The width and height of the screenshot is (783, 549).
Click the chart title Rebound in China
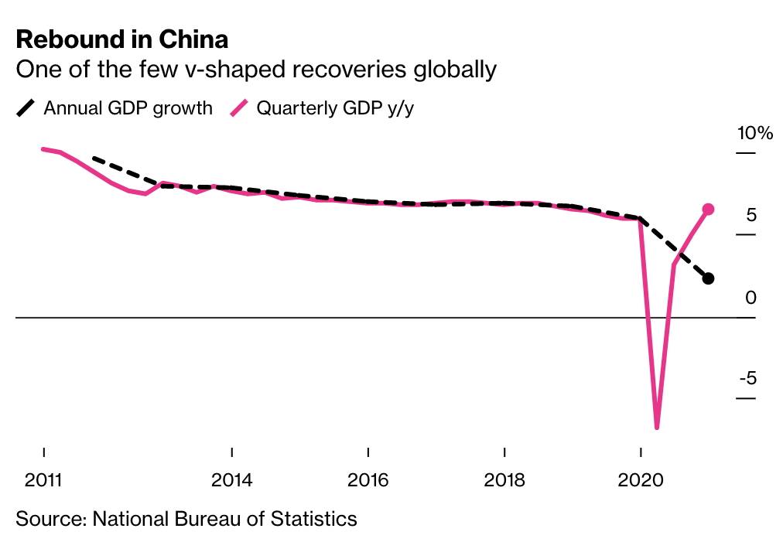pyautogui.click(x=122, y=39)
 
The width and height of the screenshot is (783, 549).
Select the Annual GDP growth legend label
pyautogui.click(x=128, y=107)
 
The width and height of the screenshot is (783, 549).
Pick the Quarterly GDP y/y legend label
pyautogui.click(x=335, y=107)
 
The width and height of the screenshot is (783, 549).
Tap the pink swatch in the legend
pyautogui.click(x=239, y=108)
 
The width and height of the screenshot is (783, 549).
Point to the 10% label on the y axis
pyautogui.click(x=754, y=133)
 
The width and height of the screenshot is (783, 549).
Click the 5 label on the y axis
pyautogui.click(x=751, y=216)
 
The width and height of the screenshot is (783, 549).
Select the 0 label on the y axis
pyautogui.click(x=751, y=298)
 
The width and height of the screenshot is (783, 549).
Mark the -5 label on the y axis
pyautogui.click(x=747, y=379)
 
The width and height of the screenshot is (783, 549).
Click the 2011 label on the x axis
pyautogui.click(x=44, y=479)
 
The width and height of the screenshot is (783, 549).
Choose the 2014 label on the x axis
pyautogui.click(x=232, y=479)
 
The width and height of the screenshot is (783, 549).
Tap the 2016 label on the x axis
pyautogui.click(x=368, y=479)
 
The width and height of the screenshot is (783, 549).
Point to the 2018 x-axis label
pyautogui.click(x=504, y=479)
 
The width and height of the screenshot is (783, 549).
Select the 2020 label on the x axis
pyautogui.click(x=641, y=479)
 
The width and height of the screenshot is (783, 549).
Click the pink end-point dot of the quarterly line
pyautogui.click(x=708, y=209)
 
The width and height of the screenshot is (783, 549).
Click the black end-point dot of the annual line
pyautogui.click(x=708, y=278)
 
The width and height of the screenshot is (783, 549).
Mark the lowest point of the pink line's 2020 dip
pyautogui.click(x=657, y=427)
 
